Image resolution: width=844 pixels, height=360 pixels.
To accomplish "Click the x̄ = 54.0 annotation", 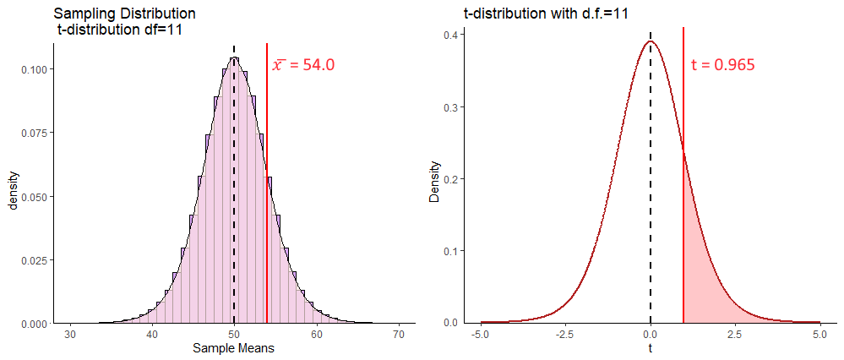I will pos(303,65).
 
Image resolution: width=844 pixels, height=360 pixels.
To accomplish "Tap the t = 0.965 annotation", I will pos(722,64).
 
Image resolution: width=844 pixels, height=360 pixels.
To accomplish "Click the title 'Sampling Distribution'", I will pos(124,14).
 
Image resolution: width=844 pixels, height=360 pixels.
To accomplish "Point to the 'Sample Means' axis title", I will pos(233,347).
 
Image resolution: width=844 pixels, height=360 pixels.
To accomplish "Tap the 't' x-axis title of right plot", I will pos(651,347).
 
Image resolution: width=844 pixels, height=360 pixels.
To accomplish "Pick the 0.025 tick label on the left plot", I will pos(35,260).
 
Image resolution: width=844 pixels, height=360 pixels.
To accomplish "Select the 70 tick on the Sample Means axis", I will pos(398,335).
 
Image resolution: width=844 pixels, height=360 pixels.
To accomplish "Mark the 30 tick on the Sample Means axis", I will pos(71,335).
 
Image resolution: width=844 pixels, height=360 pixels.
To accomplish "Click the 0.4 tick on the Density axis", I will pos(453,35).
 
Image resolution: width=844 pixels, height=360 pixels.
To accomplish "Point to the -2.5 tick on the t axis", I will pos(565,335).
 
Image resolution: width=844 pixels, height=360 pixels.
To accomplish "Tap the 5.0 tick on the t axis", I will pos(819,335).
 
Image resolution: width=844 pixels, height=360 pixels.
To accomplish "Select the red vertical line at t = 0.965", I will pos(683,101).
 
